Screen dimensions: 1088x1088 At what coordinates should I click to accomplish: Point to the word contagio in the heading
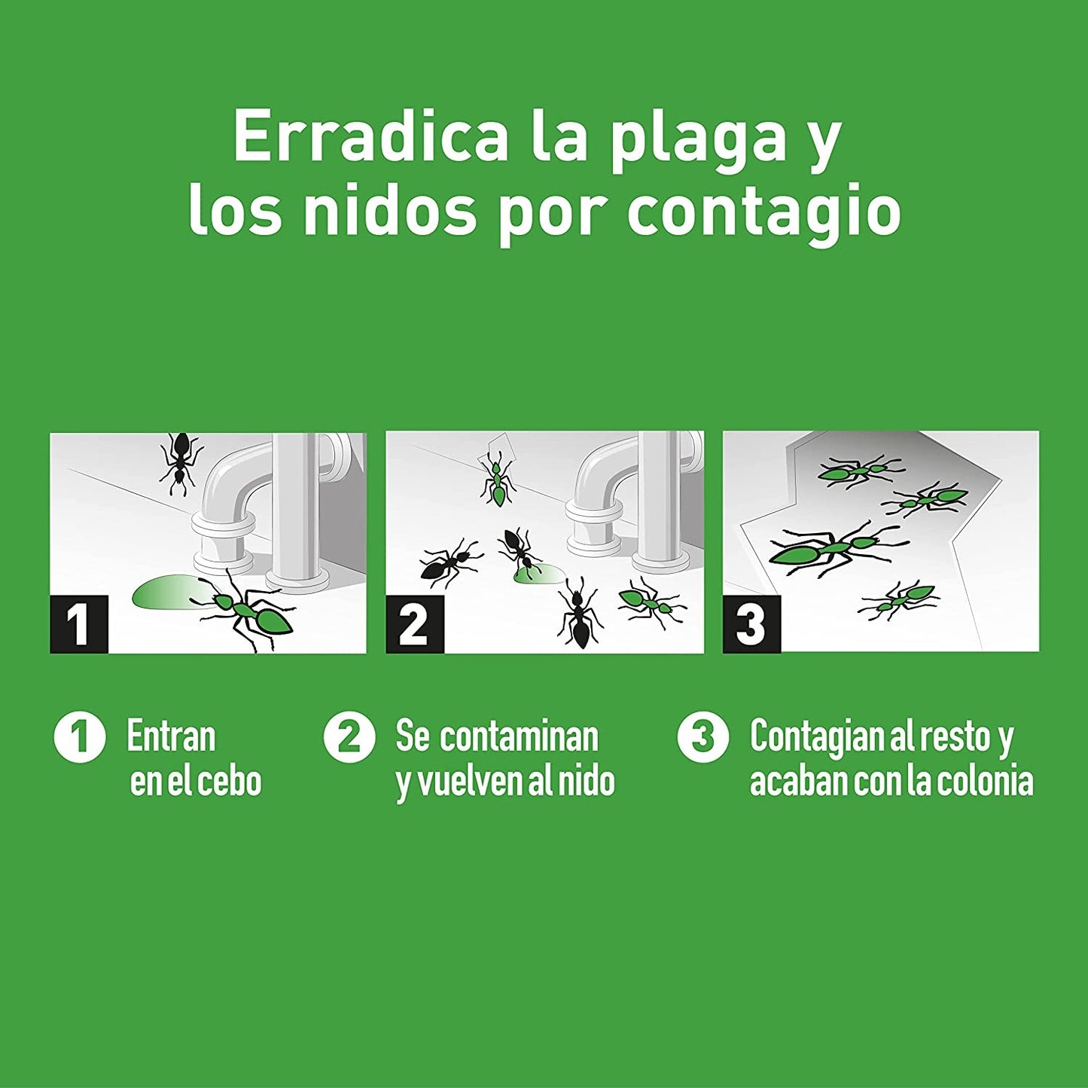pyautogui.click(x=763, y=213)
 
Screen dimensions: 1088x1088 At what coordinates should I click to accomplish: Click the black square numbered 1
pyautogui.click(x=79, y=623)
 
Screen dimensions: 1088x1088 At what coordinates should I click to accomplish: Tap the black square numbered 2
pyautogui.click(x=415, y=623)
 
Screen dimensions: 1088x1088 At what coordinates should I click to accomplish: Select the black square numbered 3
pyautogui.click(x=751, y=623)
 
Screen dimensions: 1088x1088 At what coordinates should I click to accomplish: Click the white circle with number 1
pyautogui.click(x=79, y=737)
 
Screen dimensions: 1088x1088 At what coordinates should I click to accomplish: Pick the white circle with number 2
pyautogui.click(x=349, y=737)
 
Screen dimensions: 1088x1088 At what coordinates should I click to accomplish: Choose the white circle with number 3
pyautogui.click(x=702, y=737)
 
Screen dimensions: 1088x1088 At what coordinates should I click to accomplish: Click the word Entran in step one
pyautogui.click(x=171, y=736)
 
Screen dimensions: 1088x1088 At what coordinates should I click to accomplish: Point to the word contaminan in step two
pyautogui.click(x=520, y=736)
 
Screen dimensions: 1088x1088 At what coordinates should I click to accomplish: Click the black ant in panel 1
pyautogui.click(x=180, y=462)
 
